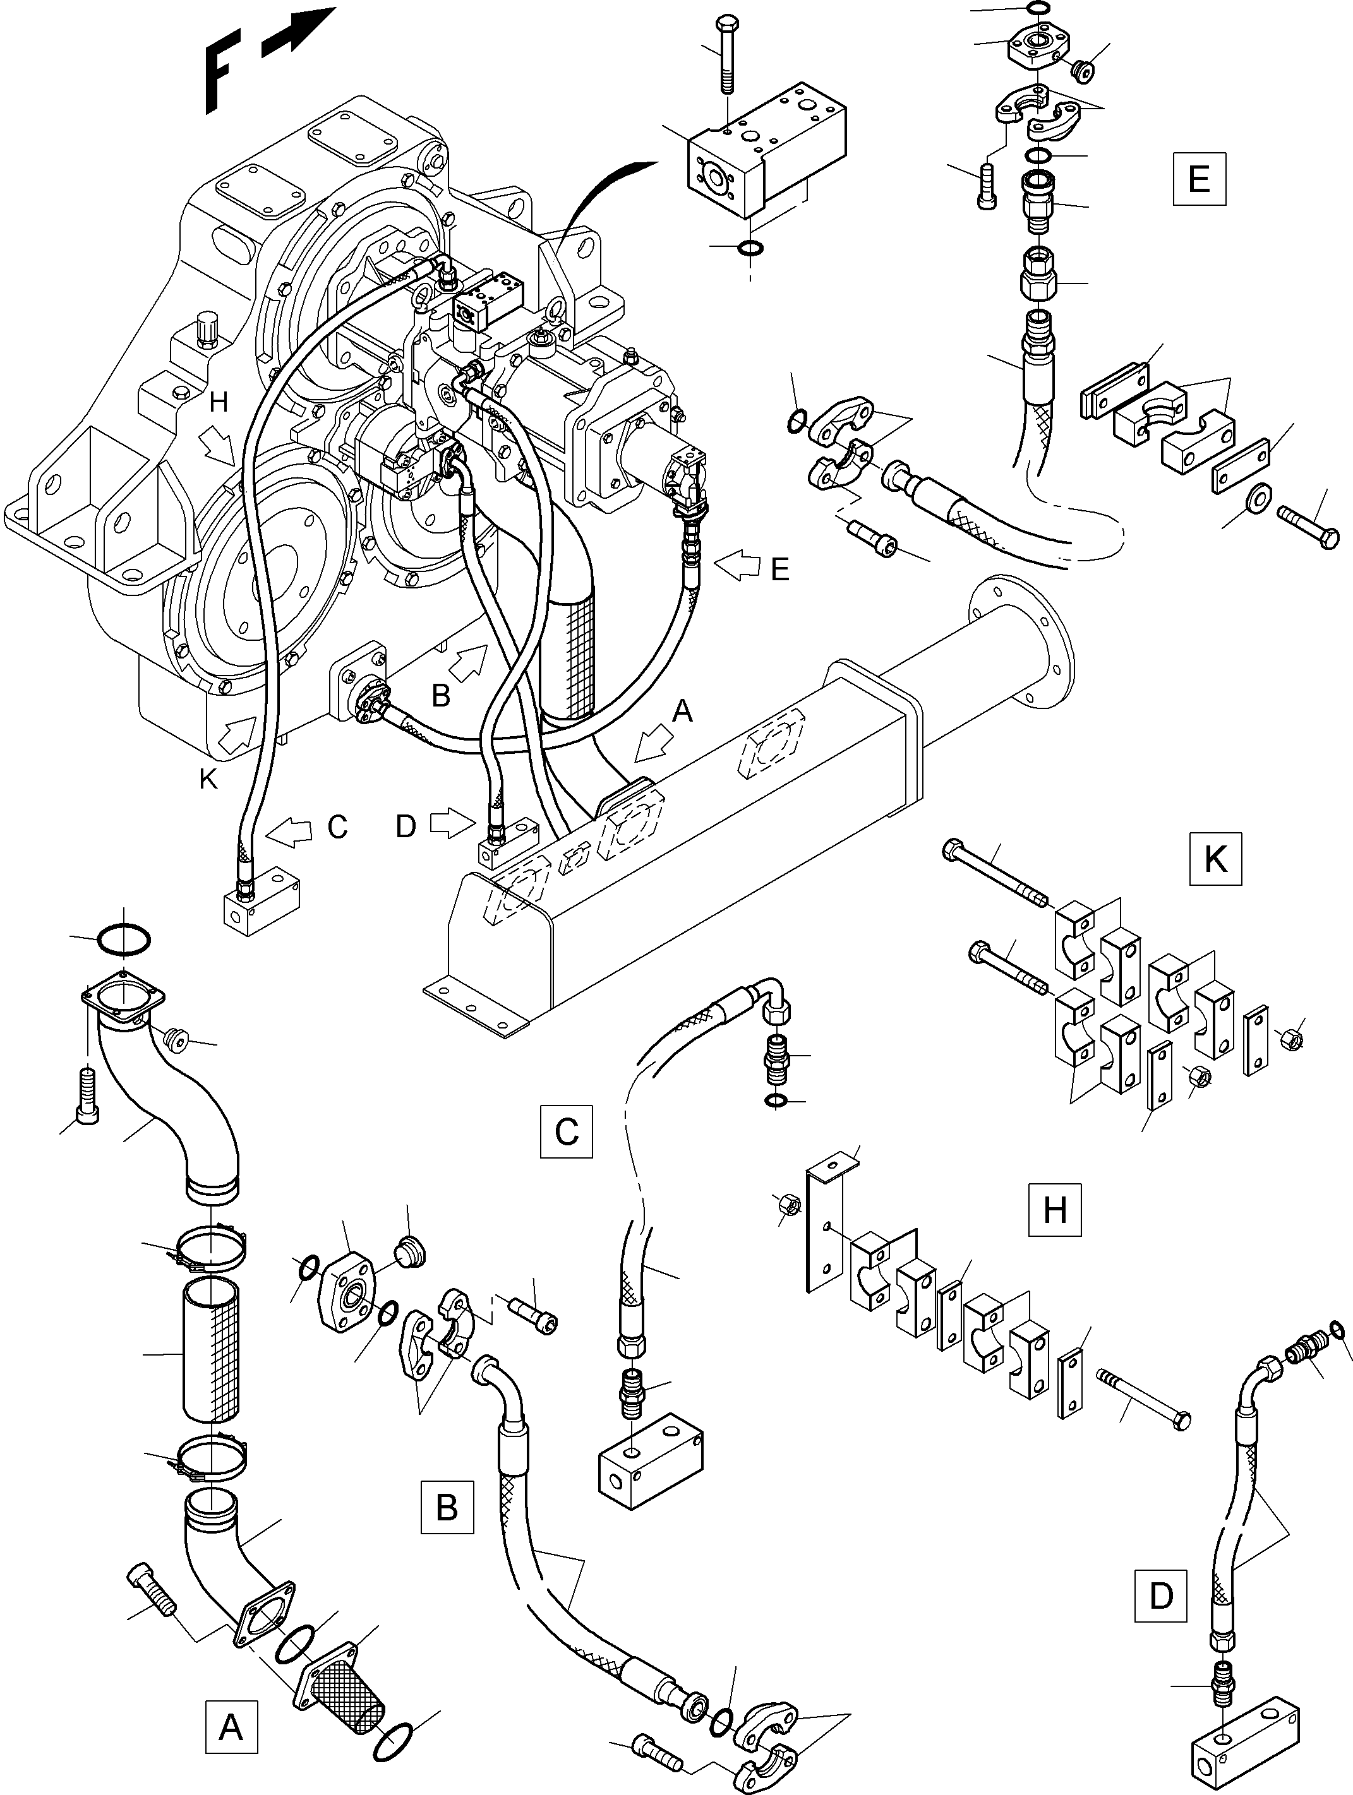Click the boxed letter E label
click(1199, 179)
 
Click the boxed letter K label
click(1215, 859)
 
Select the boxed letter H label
click(1054, 1209)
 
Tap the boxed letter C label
click(566, 1130)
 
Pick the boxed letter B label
click(447, 1507)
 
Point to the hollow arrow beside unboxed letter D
click(451, 824)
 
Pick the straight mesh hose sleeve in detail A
click(211, 1349)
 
